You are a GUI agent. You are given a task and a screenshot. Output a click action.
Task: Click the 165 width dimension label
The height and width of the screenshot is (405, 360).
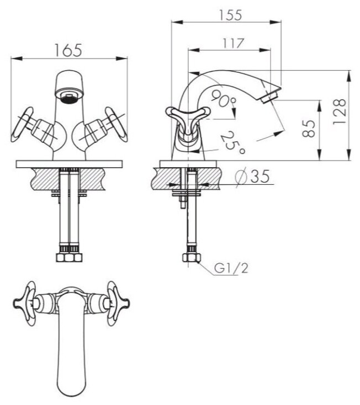pyautogui.click(x=69, y=50)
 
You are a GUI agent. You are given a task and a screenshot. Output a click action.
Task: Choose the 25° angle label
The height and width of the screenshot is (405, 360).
pyautogui.click(x=232, y=142)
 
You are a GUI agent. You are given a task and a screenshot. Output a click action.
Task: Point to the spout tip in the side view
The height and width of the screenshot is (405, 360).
pyautogui.click(x=271, y=94)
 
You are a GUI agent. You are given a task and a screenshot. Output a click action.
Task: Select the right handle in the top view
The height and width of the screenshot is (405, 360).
pyautogui.click(x=117, y=301)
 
